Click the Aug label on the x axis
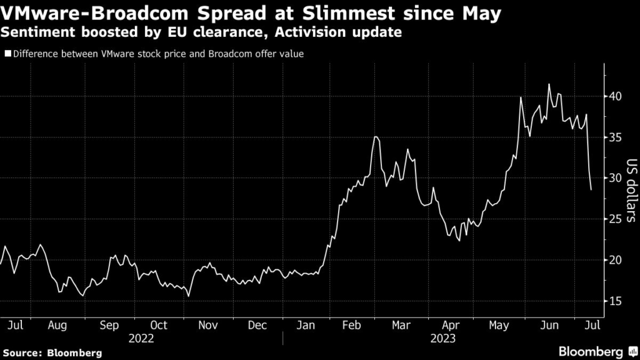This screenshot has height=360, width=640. (x=57, y=325)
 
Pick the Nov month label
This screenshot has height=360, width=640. (x=207, y=325)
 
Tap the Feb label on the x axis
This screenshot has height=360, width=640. (x=353, y=325)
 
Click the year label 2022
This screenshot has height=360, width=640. (x=141, y=338)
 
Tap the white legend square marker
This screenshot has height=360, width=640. (x=7, y=54)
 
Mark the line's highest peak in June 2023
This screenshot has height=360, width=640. (x=549, y=84)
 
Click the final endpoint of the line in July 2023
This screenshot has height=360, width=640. (x=591, y=189)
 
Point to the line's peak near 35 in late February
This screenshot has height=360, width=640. (x=375, y=136)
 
